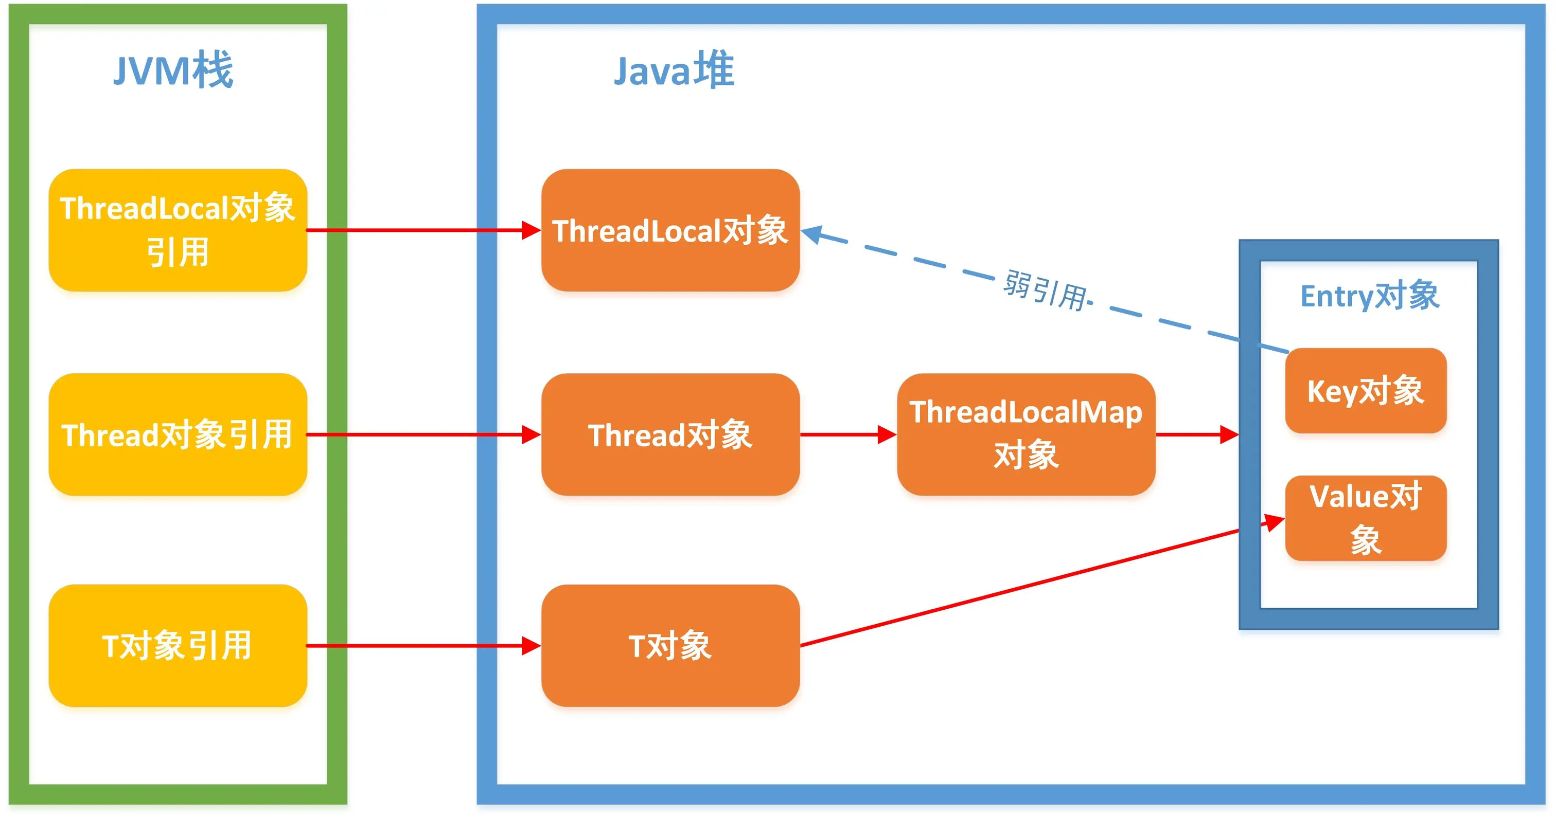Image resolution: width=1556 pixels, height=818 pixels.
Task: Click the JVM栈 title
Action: (x=173, y=70)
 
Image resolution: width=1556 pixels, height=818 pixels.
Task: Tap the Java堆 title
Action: (x=674, y=70)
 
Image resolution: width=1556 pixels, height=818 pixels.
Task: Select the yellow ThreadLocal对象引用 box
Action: (x=178, y=230)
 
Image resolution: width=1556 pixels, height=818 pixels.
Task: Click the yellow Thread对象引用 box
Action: (x=178, y=434)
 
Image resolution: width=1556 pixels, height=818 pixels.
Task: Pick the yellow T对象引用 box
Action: (x=178, y=645)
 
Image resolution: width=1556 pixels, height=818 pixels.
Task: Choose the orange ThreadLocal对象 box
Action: (x=670, y=230)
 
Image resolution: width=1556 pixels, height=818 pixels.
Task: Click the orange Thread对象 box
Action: (x=670, y=434)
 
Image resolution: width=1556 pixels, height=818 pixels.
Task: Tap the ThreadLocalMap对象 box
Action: (x=1025, y=434)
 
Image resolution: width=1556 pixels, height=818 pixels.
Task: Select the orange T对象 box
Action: (x=670, y=645)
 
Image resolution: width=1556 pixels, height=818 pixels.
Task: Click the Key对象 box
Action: (x=1365, y=391)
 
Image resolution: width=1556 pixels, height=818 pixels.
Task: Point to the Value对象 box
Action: (x=1365, y=518)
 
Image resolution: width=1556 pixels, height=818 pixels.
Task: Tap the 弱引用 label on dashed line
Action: (x=1045, y=290)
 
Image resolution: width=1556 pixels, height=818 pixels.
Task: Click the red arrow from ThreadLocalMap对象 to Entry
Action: (x=1196, y=434)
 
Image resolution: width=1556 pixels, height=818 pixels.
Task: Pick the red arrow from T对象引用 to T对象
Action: (x=423, y=645)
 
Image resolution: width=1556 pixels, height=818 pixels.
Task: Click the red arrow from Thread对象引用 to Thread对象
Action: (x=423, y=434)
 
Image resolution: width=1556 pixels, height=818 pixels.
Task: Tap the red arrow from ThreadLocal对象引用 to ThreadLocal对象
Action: (x=423, y=230)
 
